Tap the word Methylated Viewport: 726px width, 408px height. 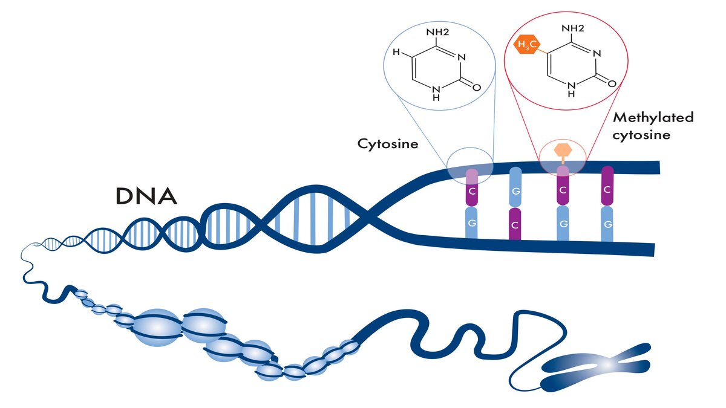653,117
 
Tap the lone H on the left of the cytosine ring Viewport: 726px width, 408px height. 396,53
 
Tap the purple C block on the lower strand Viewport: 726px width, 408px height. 515,223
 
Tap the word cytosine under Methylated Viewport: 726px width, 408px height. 641,135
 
